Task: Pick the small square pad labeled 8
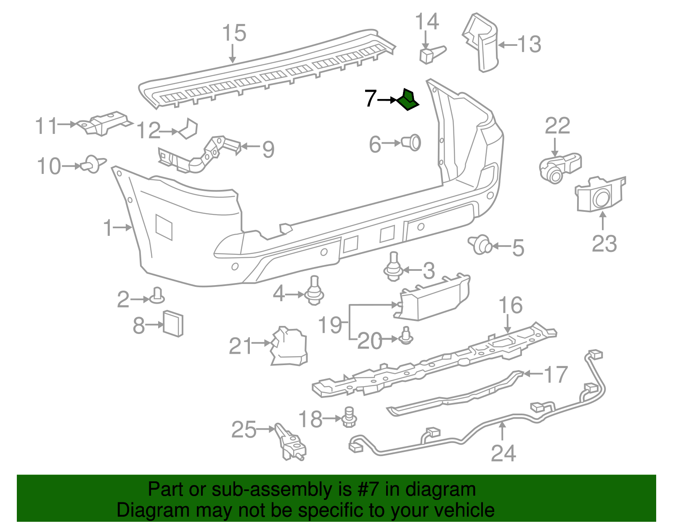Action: pyautogui.click(x=173, y=323)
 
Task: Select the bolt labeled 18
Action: pyautogui.click(x=349, y=417)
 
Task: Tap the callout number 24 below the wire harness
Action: pyautogui.click(x=503, y=453)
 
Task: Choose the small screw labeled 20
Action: pyautogui.click(x=406, y=336)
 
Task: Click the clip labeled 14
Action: pyautogui.click(x=430, y=54)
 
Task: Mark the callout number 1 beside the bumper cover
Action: pyautogui.click(x=108, y=227)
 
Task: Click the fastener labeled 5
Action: pyautogui.click(x=481, y=245)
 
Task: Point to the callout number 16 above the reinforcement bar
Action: pyautogui.click(x=510, y=305)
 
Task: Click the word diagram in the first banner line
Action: pyautogui.click(x=440, y=489)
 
